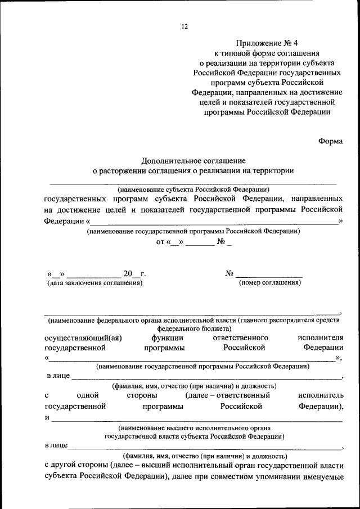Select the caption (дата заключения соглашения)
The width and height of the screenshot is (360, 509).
[94, 283]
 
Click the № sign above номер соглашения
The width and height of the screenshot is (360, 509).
[229, 273]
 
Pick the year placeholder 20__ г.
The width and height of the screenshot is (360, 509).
[134, 274]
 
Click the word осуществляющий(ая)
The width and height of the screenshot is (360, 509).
[83, 337]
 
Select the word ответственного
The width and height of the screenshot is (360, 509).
[240, 337]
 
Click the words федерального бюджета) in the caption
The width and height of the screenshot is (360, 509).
[193, 328]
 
